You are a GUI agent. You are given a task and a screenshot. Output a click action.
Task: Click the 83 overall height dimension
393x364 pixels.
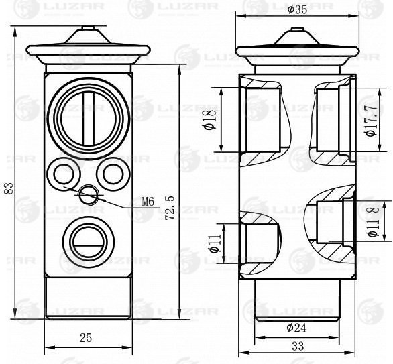pos(9,188)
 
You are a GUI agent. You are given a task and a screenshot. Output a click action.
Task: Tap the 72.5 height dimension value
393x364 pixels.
pos(170,208)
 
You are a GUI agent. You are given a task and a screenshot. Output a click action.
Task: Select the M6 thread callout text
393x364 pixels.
pos(148,201)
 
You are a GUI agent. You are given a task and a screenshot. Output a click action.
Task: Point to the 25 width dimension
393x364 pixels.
pos(86,338)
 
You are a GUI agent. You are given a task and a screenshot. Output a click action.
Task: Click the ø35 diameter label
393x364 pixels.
pos(297,10)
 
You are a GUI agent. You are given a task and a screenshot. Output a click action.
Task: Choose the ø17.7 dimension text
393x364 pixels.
pos(372,120)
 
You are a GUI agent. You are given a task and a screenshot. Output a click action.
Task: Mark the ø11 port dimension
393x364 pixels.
pos(215,243)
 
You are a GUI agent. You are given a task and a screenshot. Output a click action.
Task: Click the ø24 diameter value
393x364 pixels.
pos(296,328)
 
